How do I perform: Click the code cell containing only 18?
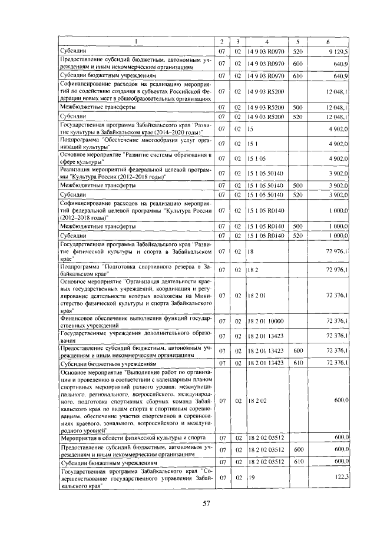click(x=250, y=251)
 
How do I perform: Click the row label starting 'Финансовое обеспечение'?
click(x=136, y=321)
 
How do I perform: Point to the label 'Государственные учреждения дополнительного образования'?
click(x=136, y=336)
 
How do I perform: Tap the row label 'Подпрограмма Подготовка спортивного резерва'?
click(x=136, y=270)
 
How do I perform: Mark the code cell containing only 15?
click(x=250, y=128)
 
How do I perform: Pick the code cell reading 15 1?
click(x=253, y=144)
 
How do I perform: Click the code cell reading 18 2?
click(x=253, y=270)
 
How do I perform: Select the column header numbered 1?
click(x=136, y=41)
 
